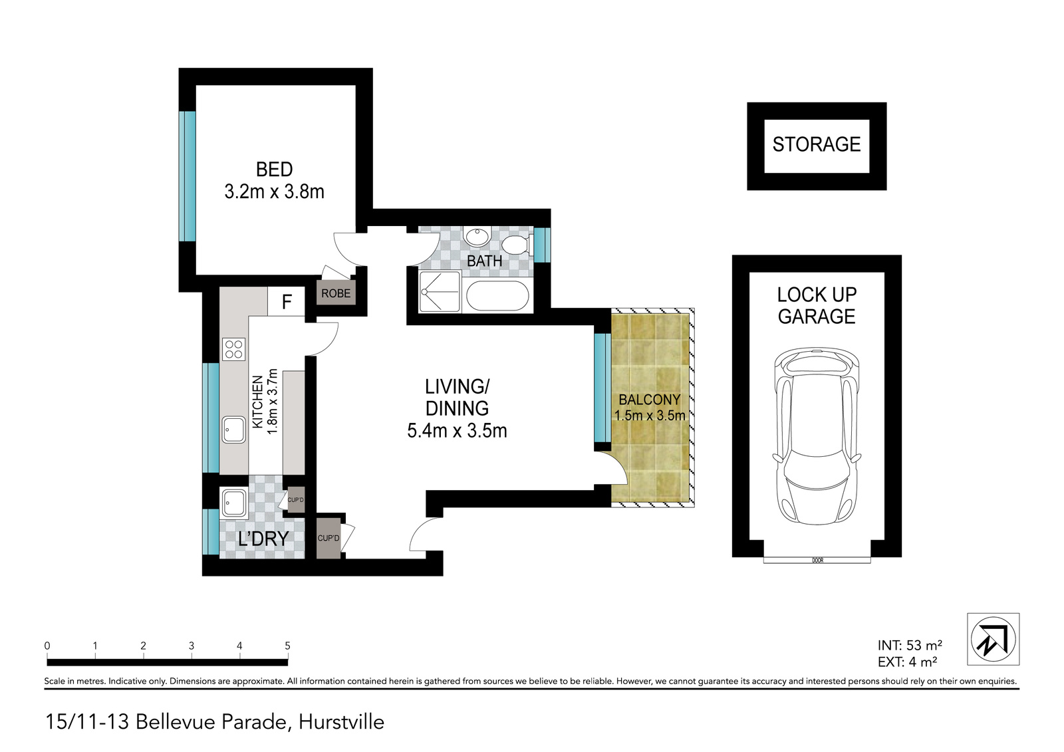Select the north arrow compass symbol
[994, 639]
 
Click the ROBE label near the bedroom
[336, 294]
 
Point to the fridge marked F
[287, 302]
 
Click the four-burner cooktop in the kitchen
[233, 349]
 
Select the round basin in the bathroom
[476, 237]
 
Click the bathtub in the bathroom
[497, 296]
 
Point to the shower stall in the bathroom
[440, 291]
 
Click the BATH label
[485, 261]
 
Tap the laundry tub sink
[233, 504]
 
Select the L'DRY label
[263, 539]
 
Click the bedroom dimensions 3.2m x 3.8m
[274, 192]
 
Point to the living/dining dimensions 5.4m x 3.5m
[457, 431]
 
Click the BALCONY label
[649, 400]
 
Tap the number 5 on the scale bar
[287, 646]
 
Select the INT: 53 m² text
[910, 645]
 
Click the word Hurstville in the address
[341, 722]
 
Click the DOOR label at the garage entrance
[817, 561]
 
